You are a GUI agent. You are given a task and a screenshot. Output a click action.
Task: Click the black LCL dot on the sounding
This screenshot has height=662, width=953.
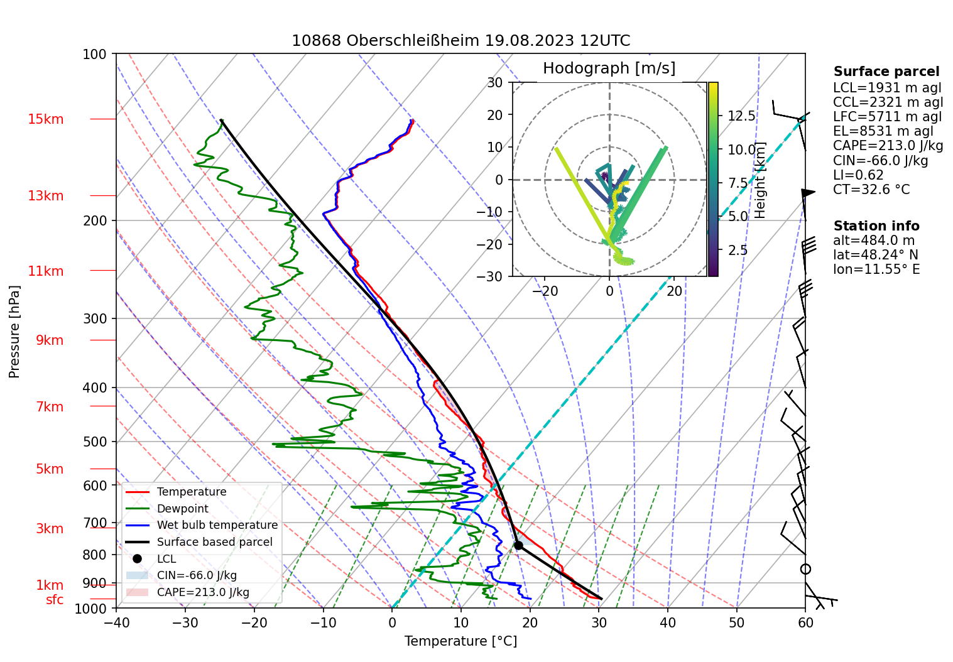coord(518,545)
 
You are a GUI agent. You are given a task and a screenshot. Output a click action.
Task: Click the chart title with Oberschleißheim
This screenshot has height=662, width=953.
coord(460,41)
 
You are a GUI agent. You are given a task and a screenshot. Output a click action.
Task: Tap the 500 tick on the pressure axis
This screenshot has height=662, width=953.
coord(95,442)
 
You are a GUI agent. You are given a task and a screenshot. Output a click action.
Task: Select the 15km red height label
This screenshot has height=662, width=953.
coord(45,119)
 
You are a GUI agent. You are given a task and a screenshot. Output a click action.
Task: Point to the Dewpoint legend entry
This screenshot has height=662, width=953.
coord(182,509)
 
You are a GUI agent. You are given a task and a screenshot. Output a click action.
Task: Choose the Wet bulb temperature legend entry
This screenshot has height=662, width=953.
coord(217,525)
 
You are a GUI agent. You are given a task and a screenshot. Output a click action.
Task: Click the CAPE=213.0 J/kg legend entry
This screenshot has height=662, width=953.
coord(203,592)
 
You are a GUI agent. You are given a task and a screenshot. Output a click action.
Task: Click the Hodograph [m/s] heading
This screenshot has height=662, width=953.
coord(609,68)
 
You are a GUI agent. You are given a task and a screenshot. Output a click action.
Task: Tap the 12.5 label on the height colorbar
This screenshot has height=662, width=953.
coord(741,116)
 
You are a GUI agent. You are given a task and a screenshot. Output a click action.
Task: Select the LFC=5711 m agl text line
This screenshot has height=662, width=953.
coord(887,117)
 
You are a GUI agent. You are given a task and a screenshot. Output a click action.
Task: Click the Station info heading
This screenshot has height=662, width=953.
coord(876,226)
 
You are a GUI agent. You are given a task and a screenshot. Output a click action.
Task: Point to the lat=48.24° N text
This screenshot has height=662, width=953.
coord(875,255)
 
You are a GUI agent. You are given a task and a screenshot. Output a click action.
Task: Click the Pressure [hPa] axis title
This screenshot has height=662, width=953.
coord(14,332)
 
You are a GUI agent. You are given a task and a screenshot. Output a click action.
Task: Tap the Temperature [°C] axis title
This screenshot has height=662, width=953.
coord(460,641)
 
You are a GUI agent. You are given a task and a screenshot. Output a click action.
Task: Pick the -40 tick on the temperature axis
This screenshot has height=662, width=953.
coord(116,623)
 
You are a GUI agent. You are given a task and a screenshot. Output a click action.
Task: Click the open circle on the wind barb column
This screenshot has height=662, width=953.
coord(805,569)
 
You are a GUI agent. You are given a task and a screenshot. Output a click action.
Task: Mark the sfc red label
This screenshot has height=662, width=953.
coord(55,600)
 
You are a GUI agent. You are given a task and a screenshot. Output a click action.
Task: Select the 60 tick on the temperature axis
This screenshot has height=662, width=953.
coord(805,623)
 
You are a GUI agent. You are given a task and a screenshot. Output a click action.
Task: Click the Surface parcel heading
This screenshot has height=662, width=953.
coord(886,72)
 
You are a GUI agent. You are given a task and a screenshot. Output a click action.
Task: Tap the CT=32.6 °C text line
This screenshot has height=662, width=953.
coord(871,190)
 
